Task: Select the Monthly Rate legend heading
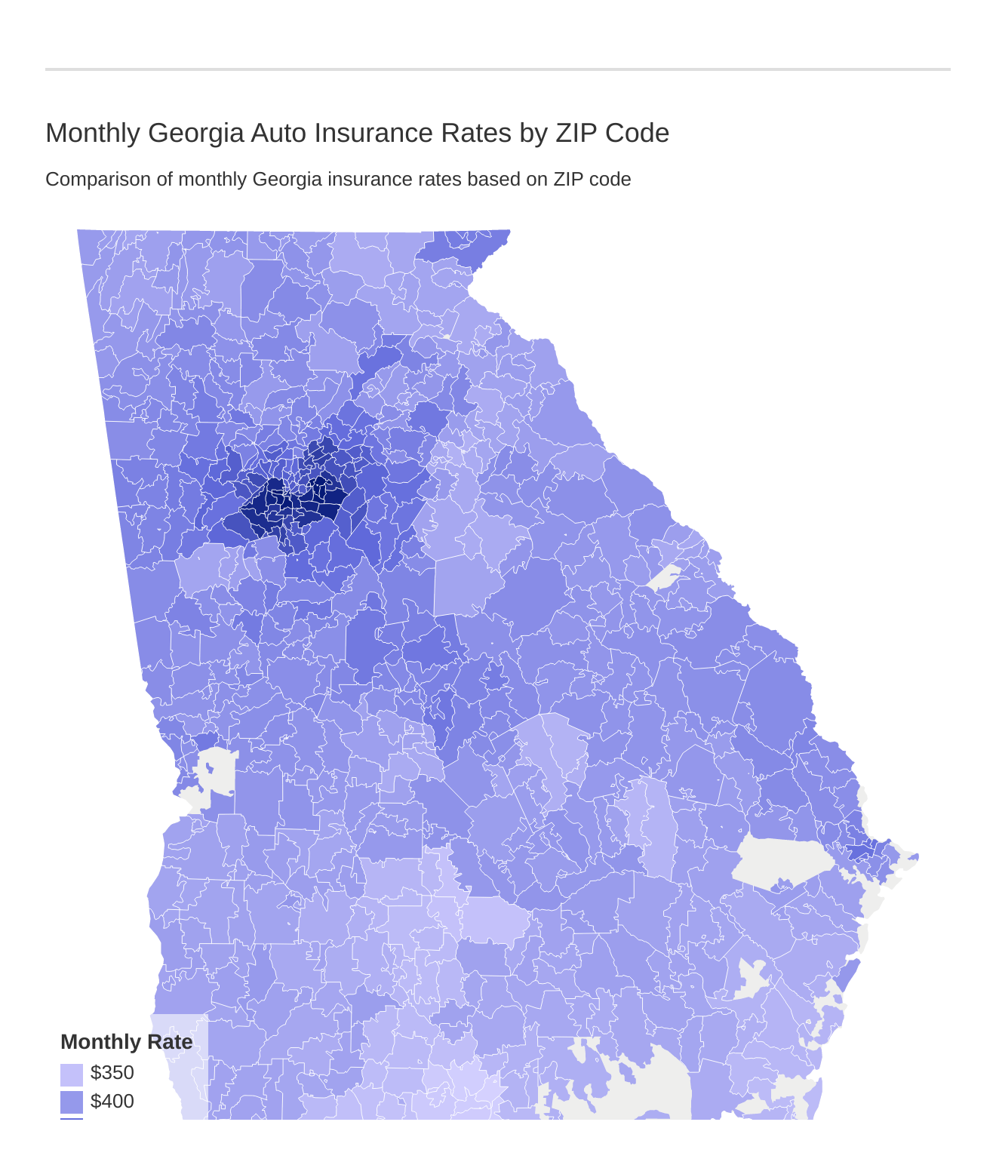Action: pyautogui.click(x=126, y=1042)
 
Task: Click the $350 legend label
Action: pyautogui.click(x=112, y=1073)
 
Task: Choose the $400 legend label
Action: pyautogui.click(x=112, y=1102)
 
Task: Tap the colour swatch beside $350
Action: pyautogui.click(x=71, y=1074)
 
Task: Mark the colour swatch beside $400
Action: pyautogui.click(x=71, y=1102)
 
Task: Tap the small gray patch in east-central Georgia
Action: pyautogui.click(x=664, y=578)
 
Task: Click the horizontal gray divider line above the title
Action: pyautogui.click(x=498, y=69)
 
